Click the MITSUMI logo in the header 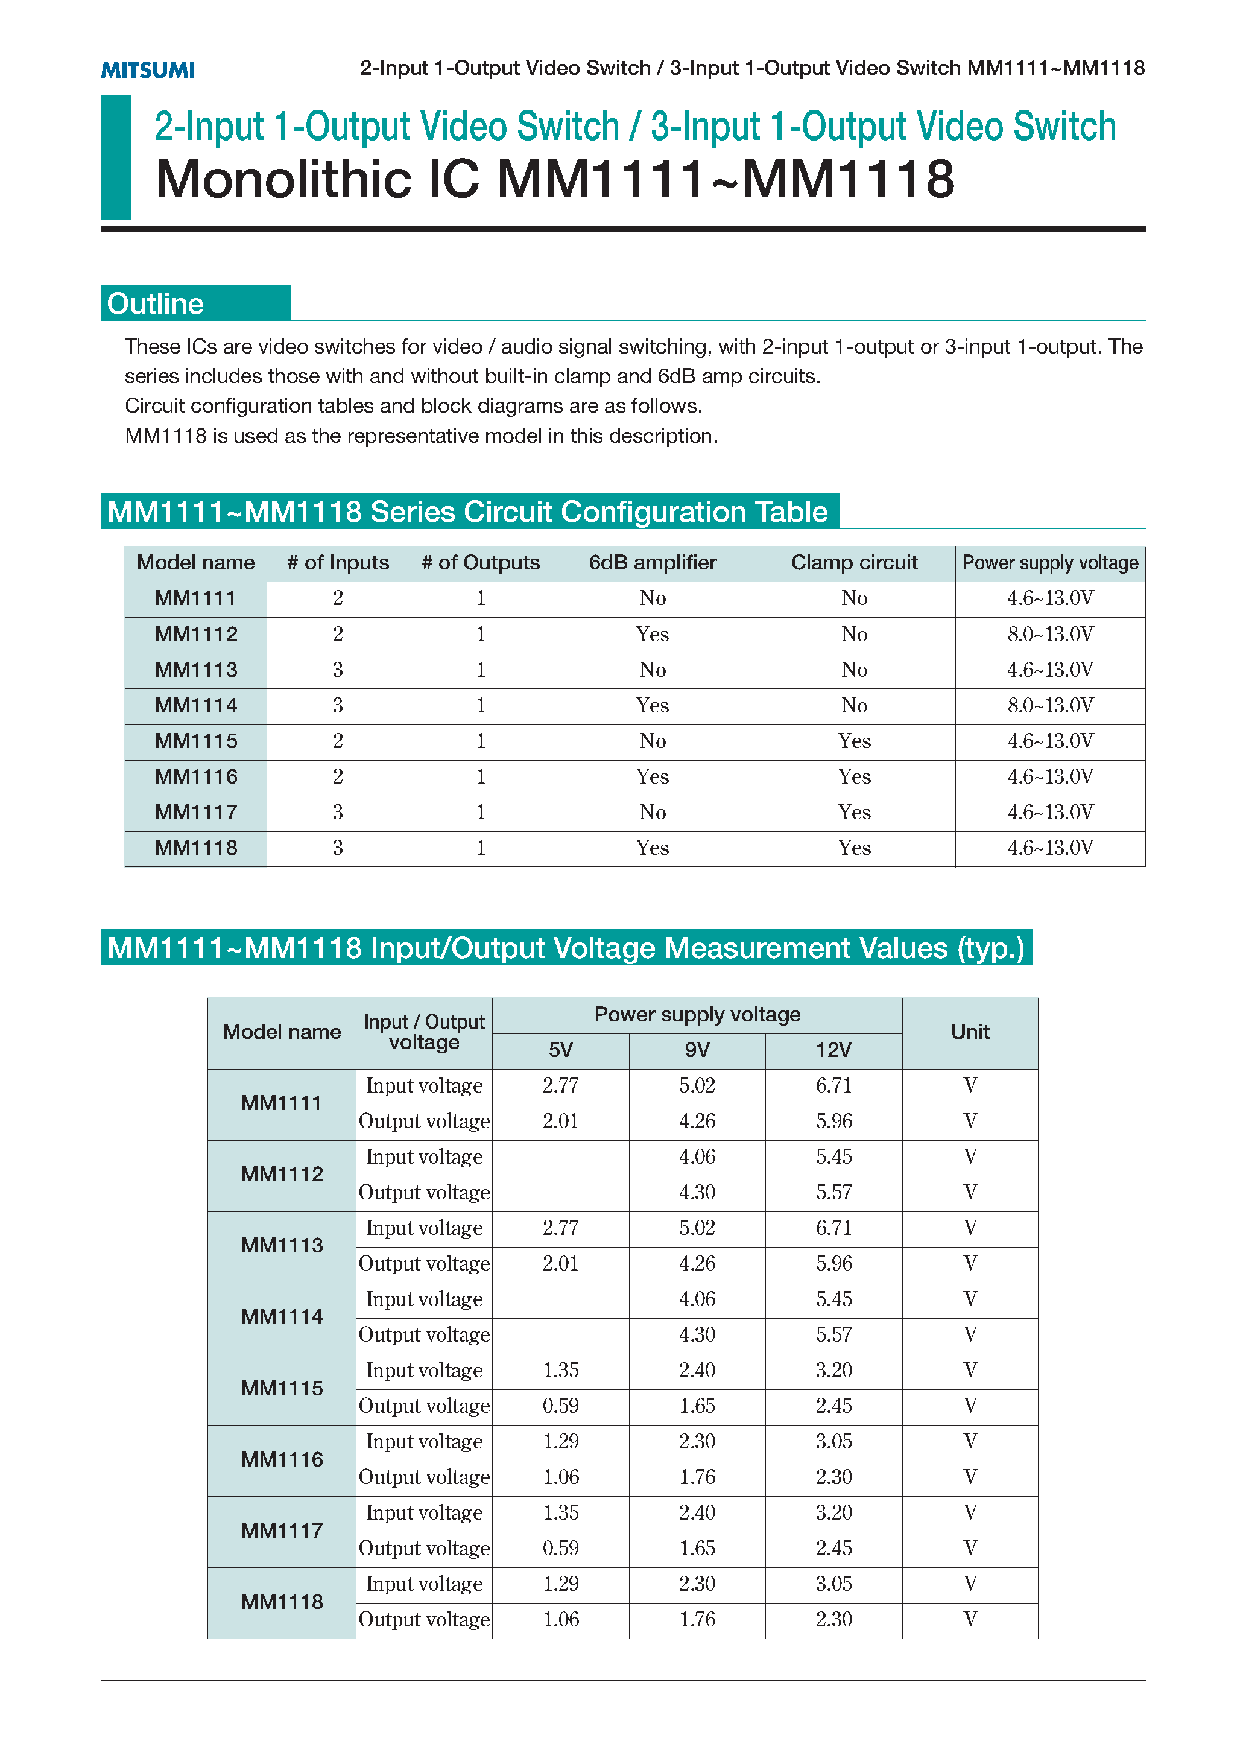[148, 70]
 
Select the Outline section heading [156, 303]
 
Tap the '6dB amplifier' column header [652, 563]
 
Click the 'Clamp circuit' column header [853, 563]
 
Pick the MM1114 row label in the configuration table [196, 705]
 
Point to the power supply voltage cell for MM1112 [1049, 635]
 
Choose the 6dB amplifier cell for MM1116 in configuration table [652, 777]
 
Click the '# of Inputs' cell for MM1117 [337, 812]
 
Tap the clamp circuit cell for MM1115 [853, 741]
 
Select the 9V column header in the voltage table [697, 1050]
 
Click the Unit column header [969, 1032]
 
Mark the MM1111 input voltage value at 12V [833, 1085]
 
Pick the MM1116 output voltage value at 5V [561, 1477]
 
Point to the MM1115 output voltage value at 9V [697, 1406]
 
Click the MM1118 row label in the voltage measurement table [282, 1602]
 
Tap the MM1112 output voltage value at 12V [833, 1193]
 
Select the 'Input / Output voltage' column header [424, 1032]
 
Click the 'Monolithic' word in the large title [284, 180]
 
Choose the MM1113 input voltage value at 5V [561, 1228]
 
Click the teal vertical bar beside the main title [115, 157]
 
